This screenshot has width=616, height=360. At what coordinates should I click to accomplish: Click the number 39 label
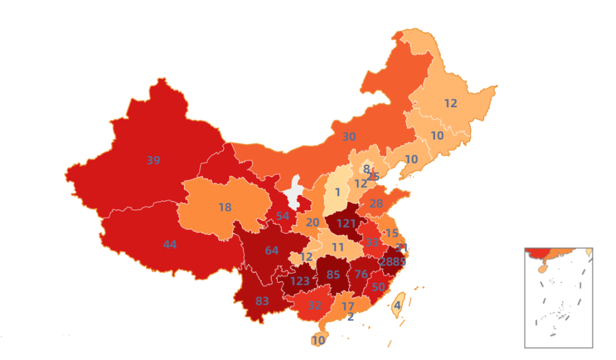(153, 160)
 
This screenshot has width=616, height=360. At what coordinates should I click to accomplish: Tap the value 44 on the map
(169, 245)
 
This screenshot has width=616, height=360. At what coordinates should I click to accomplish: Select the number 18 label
(225, 207)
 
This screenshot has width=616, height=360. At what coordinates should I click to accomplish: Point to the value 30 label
(348, 137)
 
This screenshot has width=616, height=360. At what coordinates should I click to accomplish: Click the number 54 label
(282, 216)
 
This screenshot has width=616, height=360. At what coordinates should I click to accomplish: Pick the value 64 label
(271, 250)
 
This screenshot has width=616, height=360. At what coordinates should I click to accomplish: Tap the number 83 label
(262, 301)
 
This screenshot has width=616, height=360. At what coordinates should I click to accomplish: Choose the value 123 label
(299, 281)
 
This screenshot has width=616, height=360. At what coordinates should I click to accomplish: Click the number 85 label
(333, 275)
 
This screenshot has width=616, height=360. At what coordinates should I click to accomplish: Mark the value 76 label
(361, 274)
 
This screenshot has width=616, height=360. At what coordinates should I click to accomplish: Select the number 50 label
(378, 287)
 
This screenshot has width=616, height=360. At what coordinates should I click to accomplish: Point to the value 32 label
(314, 305)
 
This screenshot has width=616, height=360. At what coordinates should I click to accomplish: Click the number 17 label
(347, 306)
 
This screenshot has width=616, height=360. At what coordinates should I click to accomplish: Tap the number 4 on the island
(397, 305)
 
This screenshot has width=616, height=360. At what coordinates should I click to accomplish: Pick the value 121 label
(346, 223)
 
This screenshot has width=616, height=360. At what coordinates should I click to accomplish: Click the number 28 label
(376, 204)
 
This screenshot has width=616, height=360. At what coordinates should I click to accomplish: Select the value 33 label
(372, 242)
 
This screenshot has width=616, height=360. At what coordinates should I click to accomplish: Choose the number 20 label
(312, 223)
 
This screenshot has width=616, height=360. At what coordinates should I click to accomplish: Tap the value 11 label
(338, 247)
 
